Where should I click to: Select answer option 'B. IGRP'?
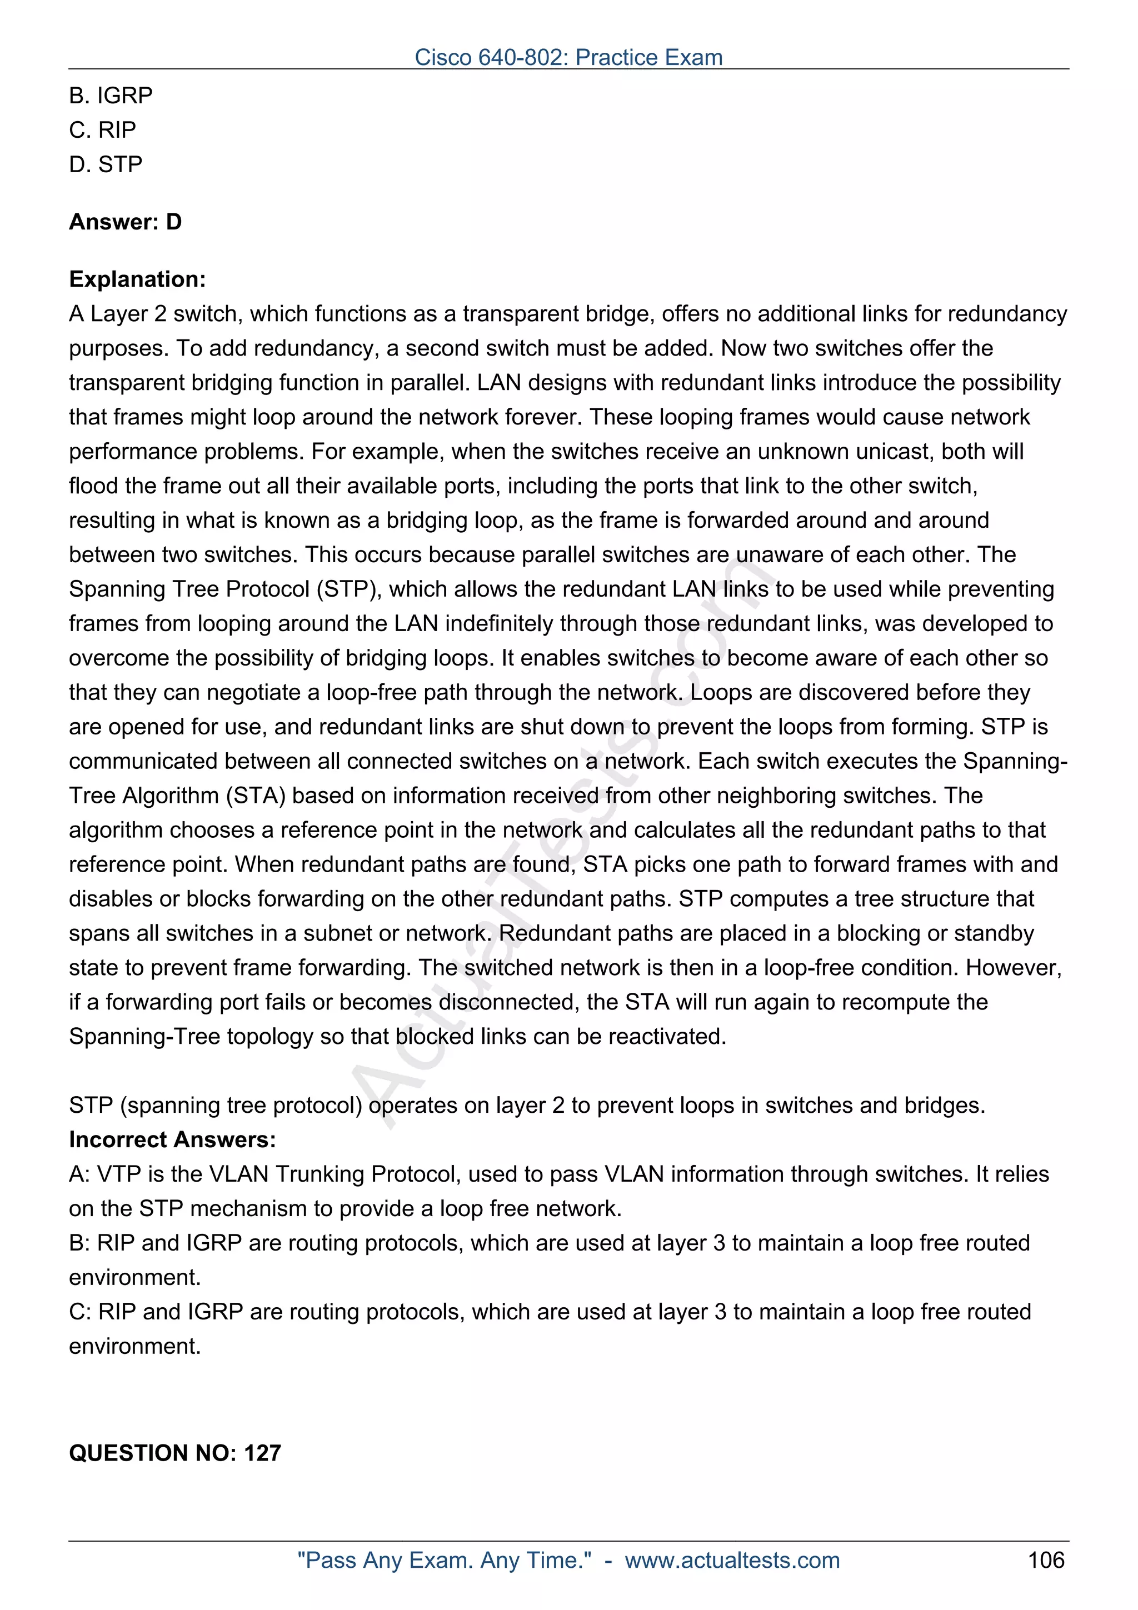click(x=111, y=96)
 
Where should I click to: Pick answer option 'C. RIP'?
click(x=102, y=130)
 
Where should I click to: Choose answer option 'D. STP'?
click(x=106, y=164)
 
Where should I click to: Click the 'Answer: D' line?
click(x=126, y=222)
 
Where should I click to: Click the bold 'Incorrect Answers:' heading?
click(x=172, y=1139)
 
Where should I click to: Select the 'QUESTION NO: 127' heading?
click(x=174, y=1452)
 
